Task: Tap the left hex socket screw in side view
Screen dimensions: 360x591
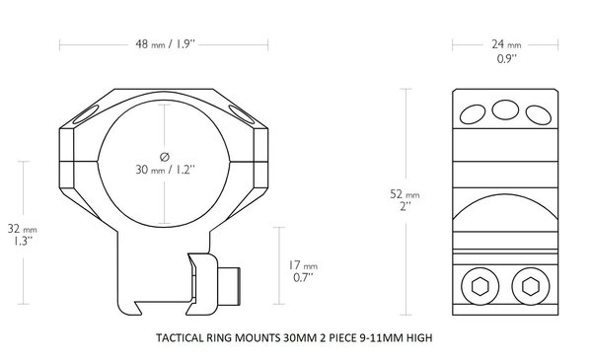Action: [481, 287]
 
